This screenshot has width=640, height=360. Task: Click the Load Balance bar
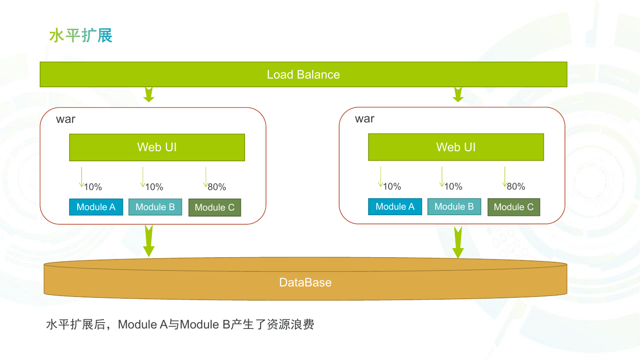(x=304, y=74)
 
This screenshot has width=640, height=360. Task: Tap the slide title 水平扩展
(x=81, y=35)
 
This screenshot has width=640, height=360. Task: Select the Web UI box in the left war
(x=157, y=147)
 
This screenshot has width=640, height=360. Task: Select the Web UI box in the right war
(x=456, y=147)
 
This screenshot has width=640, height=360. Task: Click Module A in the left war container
(x=96, y=207)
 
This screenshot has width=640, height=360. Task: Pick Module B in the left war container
(x=155, y=207)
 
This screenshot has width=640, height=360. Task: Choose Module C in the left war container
(x=214, y=207)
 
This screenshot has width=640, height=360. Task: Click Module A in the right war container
(x=395, y=206)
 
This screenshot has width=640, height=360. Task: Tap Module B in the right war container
(x=454, y=206)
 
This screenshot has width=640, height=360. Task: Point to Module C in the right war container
(x=514, y=207)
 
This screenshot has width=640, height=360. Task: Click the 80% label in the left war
(x=217, y=187)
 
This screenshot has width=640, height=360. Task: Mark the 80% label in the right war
(x=516, y=186)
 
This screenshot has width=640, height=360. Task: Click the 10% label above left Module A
(x=93, y=187)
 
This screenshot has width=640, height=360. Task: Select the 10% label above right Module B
(x=453, y=186)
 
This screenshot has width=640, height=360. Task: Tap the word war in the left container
(x=66, y=119)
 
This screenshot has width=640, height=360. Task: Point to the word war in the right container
(x=365, y=118)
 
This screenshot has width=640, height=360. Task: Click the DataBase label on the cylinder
(x=305, y=282)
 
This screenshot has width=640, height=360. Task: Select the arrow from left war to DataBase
(x=149, y=241)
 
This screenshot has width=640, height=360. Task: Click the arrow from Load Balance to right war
(x=458, y=95)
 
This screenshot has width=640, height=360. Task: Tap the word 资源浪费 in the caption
(x=291, y=325)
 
